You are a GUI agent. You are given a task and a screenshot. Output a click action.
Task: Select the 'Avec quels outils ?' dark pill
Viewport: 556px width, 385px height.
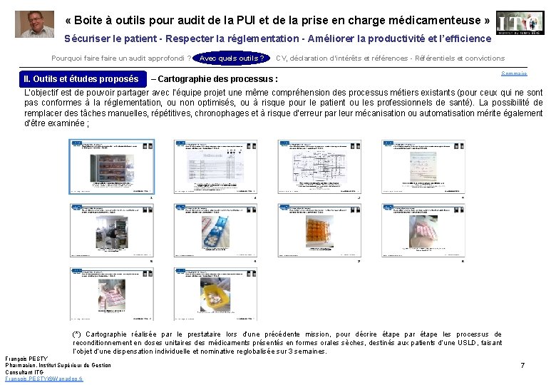coord(231,58)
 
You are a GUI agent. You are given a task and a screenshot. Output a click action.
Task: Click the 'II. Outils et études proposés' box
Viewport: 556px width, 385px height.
coord(81,79)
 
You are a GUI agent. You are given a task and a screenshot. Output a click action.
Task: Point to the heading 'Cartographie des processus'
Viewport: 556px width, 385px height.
coord(220,79)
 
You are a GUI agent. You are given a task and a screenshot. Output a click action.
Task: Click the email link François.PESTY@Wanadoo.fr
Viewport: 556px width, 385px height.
coord(43,379)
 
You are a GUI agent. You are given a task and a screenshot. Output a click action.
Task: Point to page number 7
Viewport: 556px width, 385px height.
coord(522,366)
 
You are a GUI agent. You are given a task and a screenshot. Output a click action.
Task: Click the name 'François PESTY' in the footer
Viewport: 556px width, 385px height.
coord(26,358)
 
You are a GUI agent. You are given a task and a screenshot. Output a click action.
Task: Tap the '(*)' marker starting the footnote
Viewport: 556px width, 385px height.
coord(77,334)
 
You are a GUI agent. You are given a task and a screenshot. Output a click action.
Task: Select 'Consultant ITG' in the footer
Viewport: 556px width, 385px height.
coord(25,372)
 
